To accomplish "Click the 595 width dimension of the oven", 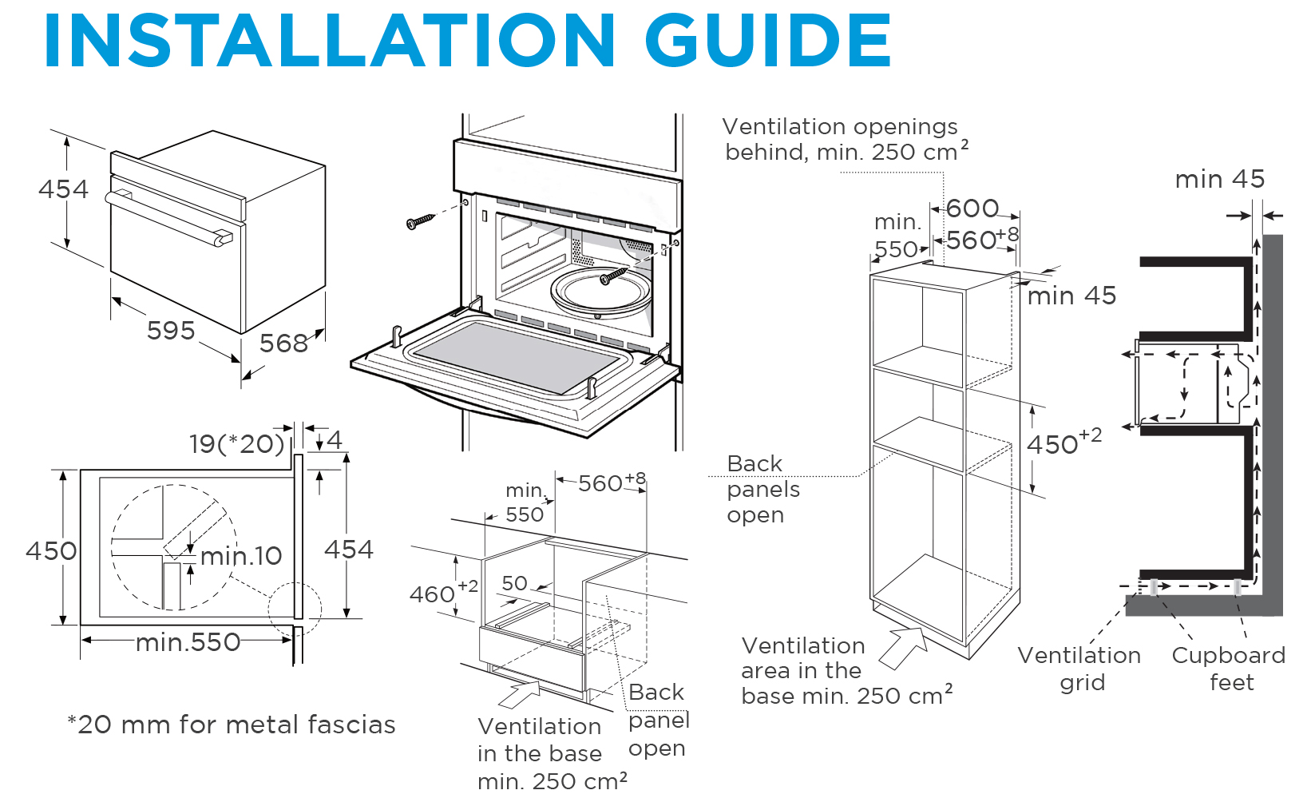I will click(x=171, y=330).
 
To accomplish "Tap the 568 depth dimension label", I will click(x=283, y=343).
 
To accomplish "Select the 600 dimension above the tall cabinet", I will click(x=972, y=208).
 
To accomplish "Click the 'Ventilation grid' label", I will click(x=1079, y=669).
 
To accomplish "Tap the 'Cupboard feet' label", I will click(x=1229, y=669).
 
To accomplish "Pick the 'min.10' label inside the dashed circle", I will click(x=241, y=556).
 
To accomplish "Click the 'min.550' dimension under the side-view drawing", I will click(x=188, y=642).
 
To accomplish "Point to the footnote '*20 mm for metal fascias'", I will click(x=232, y=725).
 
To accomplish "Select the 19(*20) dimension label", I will click(x=236, y=444).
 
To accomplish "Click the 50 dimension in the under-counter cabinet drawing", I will click(x=515, y=583).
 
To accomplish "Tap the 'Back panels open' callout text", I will click(x=762, y=489).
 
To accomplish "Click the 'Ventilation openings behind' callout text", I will click(x=843, y=139).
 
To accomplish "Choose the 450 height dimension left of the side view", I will click(x=51, y=550).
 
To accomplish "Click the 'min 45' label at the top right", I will click(x=1219, y=179).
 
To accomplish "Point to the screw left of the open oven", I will click(x=419, y=221).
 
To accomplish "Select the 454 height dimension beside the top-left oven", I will click(x=63, y=189).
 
